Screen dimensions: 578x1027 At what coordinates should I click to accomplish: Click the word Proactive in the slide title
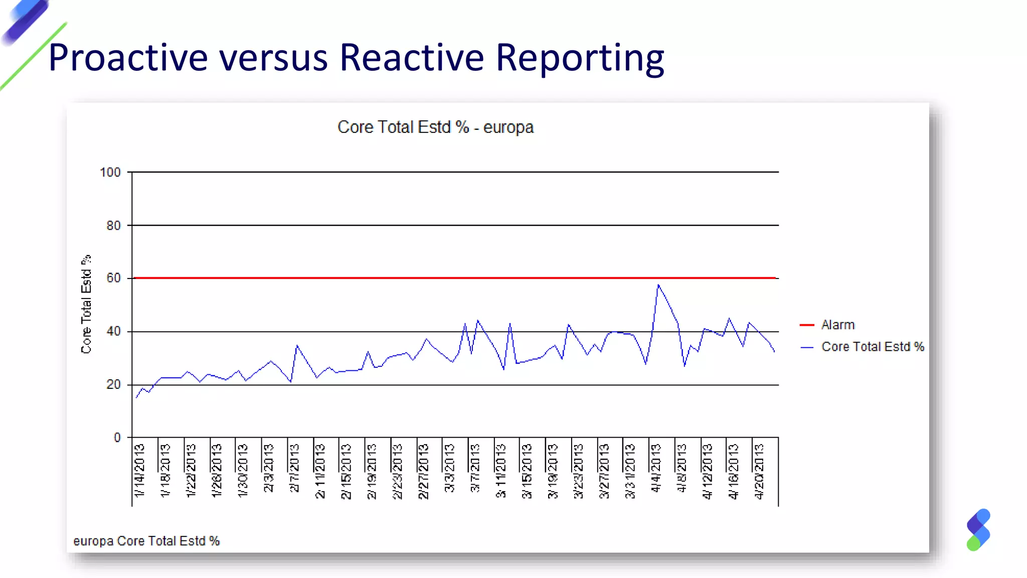point(128,58)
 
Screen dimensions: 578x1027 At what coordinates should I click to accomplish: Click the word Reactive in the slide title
point(411,58)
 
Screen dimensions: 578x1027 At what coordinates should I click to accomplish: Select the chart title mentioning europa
point(435,127)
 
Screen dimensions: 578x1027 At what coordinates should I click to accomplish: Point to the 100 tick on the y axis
point(110,172)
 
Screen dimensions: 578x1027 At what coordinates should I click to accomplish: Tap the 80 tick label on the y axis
point(113,225)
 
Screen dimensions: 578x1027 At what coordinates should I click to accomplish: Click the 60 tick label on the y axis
point(113,278)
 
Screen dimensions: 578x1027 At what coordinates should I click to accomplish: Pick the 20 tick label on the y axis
point(113,384)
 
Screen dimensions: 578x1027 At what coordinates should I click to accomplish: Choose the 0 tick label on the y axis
point(117,438)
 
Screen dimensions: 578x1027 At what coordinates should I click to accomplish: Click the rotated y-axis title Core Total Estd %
point(86,304)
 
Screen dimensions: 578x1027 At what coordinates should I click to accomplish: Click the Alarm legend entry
point(837,325)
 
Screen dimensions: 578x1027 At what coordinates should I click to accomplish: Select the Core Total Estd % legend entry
point(872,347)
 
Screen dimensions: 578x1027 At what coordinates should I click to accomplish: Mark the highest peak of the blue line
point(658,285)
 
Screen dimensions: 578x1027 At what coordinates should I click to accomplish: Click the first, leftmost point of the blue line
point(136,397)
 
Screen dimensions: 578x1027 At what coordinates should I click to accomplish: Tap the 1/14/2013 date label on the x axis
point(139,470)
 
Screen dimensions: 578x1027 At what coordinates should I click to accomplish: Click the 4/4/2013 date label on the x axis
point(655,468)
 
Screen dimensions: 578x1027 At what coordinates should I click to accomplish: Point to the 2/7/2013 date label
point(294,468)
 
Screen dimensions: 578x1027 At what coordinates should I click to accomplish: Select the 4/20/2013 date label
point(759,470)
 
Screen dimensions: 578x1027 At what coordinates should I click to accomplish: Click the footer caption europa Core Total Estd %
point(146,541)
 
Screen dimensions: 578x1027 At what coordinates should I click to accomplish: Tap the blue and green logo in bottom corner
point(978,530)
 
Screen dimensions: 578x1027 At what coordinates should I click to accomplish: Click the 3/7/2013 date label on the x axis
point(475,468)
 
